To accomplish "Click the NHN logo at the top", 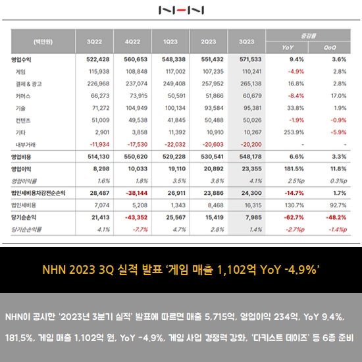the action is [x=181, y=10].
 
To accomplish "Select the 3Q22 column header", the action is [x=94, y=41].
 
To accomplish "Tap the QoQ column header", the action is [x=330, y=47].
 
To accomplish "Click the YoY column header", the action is [x=288, y=47].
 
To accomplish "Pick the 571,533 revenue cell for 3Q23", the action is [x=251, y=59].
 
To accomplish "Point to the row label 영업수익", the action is [x=21, y=60].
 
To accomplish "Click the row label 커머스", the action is [x=23, y=96].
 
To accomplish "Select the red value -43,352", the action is [x=136, y=217].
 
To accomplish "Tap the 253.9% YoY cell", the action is [x=294, y=132].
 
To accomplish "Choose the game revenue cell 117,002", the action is [x=176, y=72].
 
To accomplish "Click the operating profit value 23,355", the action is [x=252, y=168].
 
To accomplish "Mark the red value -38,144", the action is [x=137, y=193].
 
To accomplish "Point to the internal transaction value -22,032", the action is [x=175, y=145].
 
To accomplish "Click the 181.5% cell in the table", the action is [x=294, y=168].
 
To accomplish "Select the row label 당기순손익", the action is [x=24, y=217].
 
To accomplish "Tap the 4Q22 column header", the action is [x=132, y=41].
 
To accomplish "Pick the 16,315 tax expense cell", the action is [x=253, y=205].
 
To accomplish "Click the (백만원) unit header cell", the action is [x=43, y=41].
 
